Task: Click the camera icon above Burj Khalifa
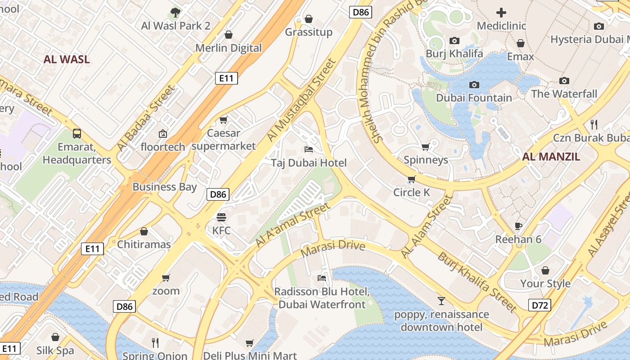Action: (454, 41)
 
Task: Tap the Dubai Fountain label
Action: (474, 98)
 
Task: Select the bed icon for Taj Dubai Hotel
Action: (309, 149)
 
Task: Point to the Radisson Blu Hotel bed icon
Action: (322, 278)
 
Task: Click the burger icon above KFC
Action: (221, 217)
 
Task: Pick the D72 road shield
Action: (540, 306)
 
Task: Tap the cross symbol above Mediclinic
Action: (501, 13)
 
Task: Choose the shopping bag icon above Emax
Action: (521, 43)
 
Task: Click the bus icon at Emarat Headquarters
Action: (77, 133)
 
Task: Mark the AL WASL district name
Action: (67, 59)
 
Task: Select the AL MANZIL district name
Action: (551, 157)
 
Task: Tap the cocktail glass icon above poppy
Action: (441, 301)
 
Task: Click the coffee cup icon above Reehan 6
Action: (518, 226)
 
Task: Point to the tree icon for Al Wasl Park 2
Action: (175, 13)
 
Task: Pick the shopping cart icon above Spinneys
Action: (425, 146)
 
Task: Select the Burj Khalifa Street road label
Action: (477, 282)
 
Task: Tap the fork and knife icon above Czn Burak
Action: (594, 124)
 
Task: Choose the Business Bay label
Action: (165, 187)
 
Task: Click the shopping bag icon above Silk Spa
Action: (55, 337)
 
